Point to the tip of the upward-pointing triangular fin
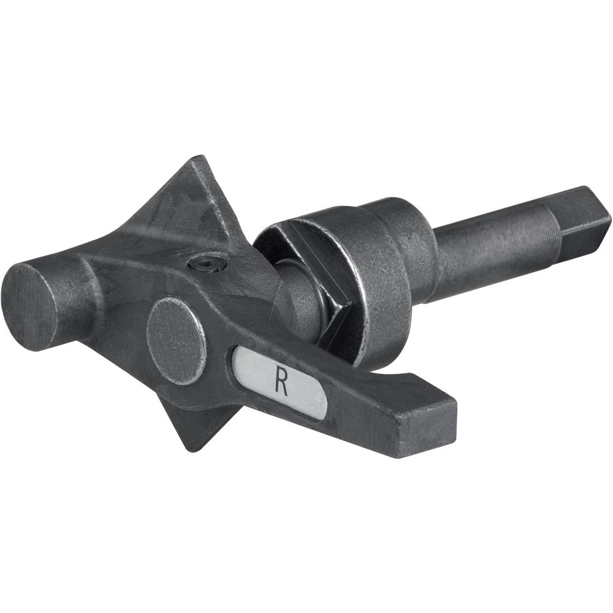[194, 158]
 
